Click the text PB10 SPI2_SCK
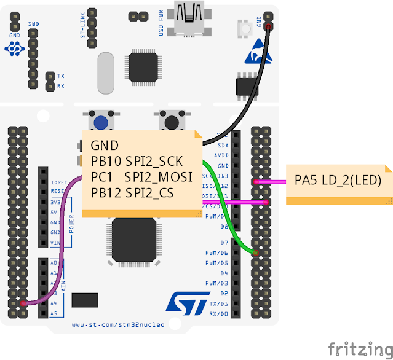pos(137,162)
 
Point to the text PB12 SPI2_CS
pos(132,193)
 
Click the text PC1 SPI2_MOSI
pos(141,177)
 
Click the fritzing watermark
pos(359,348)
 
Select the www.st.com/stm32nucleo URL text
pos(118,324)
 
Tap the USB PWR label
pos(162,23)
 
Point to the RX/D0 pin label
pos(220,313)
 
